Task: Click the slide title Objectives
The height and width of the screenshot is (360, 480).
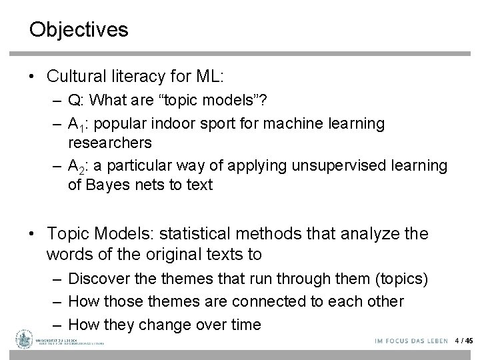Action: coord(79,30)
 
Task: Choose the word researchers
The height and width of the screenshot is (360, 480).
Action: coord(110,143)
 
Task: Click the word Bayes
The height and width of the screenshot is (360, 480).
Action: coord(103,185)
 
